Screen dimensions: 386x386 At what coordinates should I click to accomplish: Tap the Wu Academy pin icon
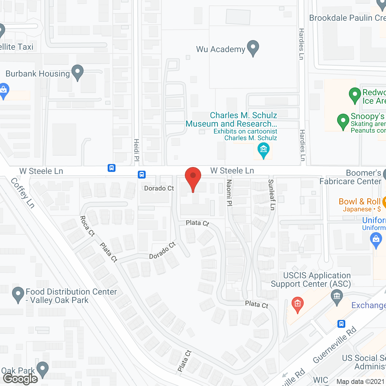pyautogui.click(x=253, y=48)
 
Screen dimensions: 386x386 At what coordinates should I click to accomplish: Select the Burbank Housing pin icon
pyautogui.click(x=78, y=72)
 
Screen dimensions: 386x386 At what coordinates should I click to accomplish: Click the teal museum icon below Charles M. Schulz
pyautogui.click(x=264, y=150)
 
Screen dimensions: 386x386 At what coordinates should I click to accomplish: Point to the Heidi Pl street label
pyautogui.click(x=137, y=150)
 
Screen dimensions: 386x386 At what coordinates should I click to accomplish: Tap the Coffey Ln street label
pyautogui.click(x=23, y=193)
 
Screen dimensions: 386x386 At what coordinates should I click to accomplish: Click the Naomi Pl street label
pyautogui.click(x=229, y=193)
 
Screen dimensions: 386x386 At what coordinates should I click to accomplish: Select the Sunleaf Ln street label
pyautogui.click(x=272, y=195)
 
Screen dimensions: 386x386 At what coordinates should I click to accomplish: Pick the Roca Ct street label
pyautogui.click(x=87, y=226)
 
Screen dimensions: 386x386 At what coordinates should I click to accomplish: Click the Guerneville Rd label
pyautogui.click(x=335, y=345)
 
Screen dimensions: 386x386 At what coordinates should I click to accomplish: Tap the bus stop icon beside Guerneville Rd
pyautogui.click(x=341, y=324)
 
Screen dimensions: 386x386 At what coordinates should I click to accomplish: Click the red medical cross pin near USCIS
pyautogui.click(x=297, y=304)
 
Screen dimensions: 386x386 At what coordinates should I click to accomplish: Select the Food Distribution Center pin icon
pyautogui.click(x=18, y=294)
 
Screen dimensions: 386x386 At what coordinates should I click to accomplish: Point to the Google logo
pyautogui.click(x=21, y=379)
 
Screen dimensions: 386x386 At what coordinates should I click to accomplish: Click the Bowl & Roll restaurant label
pyautogui.click(x=360, y=201)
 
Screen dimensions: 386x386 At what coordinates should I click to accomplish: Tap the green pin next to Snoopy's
pyautogui.click(x=343, y=121)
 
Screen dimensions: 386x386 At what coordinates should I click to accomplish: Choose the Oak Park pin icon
pyautogui.click(x=42, y=369)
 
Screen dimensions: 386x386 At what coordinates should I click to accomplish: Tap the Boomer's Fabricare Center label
pyautogui.click(x=350, y=177)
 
